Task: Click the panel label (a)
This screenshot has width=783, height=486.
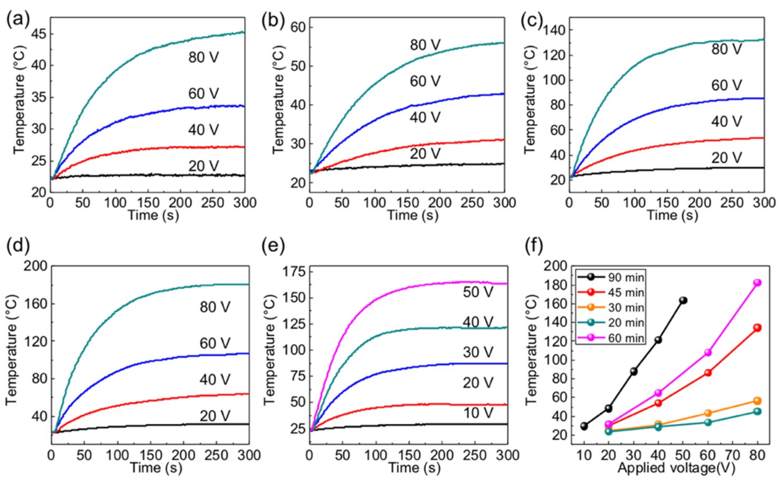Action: pos(17,20)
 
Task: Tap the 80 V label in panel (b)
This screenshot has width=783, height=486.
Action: pos(425,45)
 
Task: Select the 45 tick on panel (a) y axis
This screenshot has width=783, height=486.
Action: pos(38,34)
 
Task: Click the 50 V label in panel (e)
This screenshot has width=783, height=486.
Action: pos(478,292)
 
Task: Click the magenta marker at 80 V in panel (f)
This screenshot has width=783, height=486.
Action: pos(757,283)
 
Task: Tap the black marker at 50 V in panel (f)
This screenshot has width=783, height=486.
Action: pos(683,300)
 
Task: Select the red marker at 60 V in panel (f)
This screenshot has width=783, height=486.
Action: pos(708,373)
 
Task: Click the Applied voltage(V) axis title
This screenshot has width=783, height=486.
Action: pos(676,468)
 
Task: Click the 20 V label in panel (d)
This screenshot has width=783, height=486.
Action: pos(215,416)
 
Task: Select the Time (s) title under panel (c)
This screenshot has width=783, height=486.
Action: pos(673,215)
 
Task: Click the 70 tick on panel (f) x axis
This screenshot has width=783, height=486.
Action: pos(733,455)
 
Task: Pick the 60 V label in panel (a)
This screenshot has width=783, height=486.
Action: pos(203,94)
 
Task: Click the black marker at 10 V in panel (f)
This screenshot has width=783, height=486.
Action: pos(584,426)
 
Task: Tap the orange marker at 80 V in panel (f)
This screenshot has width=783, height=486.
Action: pos(757,401)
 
